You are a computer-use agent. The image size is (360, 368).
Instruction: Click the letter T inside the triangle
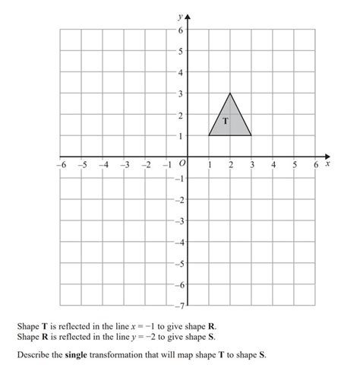(x=226, y=121)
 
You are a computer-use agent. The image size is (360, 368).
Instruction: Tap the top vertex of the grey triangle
(x=230, y=94)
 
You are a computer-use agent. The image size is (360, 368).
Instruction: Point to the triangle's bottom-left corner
(x=209, y=135)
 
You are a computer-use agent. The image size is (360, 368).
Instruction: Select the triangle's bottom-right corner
(x=251, y=135)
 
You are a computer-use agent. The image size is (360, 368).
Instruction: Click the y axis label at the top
(x=179, y=14)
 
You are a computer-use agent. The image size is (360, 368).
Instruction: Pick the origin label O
(x=182, y=163)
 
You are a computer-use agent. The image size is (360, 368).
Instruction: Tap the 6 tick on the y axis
(x=180, y=30)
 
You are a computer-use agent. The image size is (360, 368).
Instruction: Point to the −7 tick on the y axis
(x=178, y=306)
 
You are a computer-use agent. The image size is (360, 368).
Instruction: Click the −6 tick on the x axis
(x=61, y=164)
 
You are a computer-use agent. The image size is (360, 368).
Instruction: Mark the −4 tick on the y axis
(x=178, y=243)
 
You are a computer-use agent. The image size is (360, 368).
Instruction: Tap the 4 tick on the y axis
(x=180, y=73)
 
